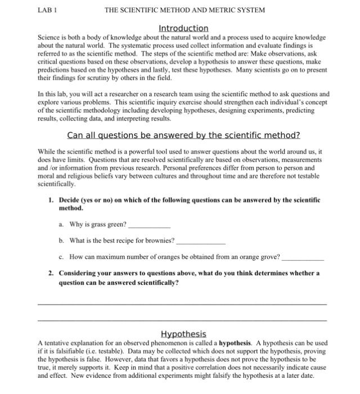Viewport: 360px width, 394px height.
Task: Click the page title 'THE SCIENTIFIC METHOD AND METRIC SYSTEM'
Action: click(x=184, y=10)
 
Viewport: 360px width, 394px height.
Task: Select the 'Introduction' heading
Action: click(x=183, y=28)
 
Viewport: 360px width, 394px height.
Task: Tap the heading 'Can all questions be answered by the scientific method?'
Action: click(x=183, y=136)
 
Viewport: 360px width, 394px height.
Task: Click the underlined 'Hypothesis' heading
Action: click(x=183, y=334)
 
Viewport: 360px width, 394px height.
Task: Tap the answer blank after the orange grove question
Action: click(x=303, y=258)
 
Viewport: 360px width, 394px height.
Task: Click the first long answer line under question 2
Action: click(x=182, y=304)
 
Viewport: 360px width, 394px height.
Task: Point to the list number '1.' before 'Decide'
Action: click(x=51, y=200)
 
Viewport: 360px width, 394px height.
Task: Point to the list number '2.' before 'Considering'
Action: click(x=51, y=273)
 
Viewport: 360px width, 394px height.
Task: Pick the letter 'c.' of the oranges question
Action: click(x=61, y=257)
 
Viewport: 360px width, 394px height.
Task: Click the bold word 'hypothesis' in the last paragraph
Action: click(x=235, y=343)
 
